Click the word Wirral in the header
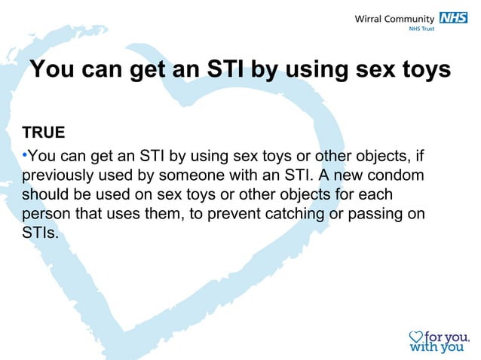coord(370,19)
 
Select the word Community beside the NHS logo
coord(410,19)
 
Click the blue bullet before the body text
coord(24,156)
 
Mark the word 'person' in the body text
coord(46,213)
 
